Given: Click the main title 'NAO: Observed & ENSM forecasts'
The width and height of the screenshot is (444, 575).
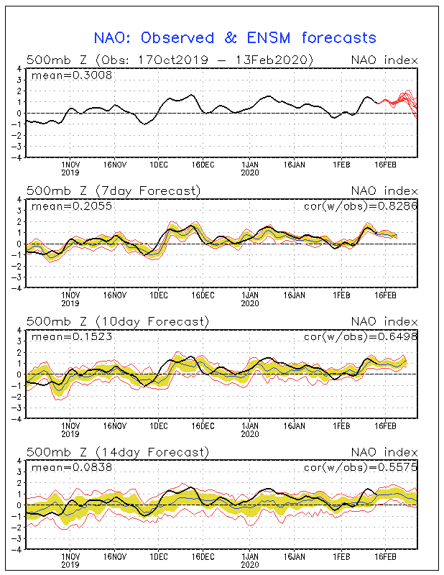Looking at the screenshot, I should click(235, 37).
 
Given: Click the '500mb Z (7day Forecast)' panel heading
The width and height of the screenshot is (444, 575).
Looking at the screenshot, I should click(114, 190).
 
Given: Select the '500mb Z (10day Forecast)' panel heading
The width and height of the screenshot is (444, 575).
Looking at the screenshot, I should click(117, 321).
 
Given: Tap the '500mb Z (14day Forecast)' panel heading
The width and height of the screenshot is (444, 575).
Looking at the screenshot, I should click(117, 451).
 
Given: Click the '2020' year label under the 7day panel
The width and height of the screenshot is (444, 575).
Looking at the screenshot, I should click(249, 303).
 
